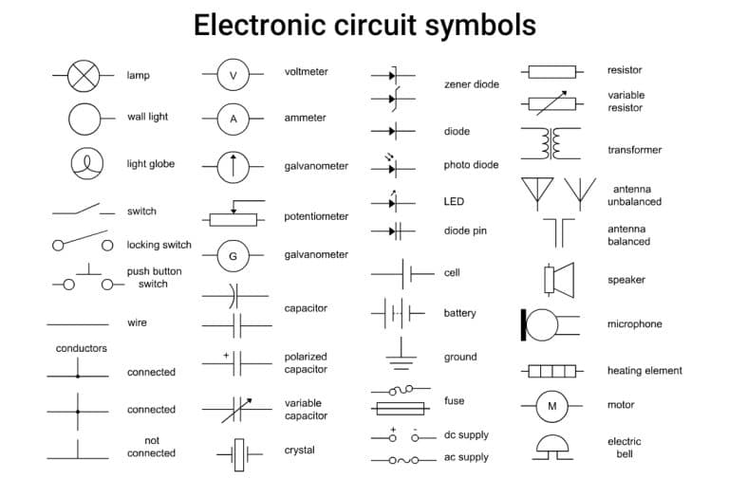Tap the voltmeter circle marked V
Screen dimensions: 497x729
coord(233,75)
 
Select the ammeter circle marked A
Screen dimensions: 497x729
coord(233,119)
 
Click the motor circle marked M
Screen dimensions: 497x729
coord(551,406)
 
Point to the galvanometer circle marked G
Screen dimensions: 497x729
coord(233,256)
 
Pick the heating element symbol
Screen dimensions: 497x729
coord(551,371)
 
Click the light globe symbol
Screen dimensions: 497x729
coord(84,164)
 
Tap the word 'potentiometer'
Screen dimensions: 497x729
coord(316,216)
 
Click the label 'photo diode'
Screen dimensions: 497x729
coord(471,165)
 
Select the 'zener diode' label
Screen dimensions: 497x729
coord(471,84)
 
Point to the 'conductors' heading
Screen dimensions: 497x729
coord(82,348)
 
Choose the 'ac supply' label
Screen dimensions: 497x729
coord(466,457)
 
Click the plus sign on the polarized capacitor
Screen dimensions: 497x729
coord(226,356)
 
